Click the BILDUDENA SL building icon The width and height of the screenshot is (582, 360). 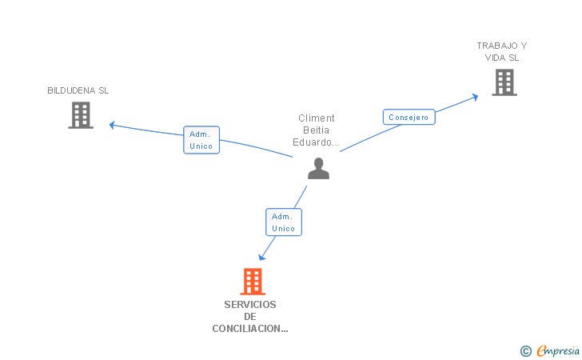click(x=81, y=115)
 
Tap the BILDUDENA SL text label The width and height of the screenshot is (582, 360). click(x=78, y=90)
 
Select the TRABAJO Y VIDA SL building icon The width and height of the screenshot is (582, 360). click(x=504, y=82)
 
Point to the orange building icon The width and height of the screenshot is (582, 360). click(x=253, y=282)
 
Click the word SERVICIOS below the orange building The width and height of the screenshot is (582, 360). click(x=250, y=305)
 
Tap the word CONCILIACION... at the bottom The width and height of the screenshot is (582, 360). click(x=250, y=329)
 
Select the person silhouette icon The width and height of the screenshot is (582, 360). click(x=318, y=168)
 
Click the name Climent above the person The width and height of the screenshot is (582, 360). click(x=317, y=118)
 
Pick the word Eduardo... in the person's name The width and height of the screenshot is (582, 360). click(x=317, y=142)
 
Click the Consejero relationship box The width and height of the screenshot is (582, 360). click(x=409, y=117)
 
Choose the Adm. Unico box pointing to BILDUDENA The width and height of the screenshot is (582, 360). click(x=201, y=140)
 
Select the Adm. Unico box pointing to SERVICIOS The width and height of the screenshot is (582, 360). click(x=284, y=222)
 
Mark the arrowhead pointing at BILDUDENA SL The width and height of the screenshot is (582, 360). click(x=112, y=126)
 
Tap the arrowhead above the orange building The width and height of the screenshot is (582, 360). click(x=261, y=257)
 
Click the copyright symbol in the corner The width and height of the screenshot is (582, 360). click(x=525, y=351)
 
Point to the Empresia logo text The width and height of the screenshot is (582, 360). click(x=558, y=350)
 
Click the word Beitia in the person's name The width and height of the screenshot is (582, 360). click(x=317, y=130)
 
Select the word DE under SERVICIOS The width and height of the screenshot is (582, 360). click(x=250, y=317)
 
